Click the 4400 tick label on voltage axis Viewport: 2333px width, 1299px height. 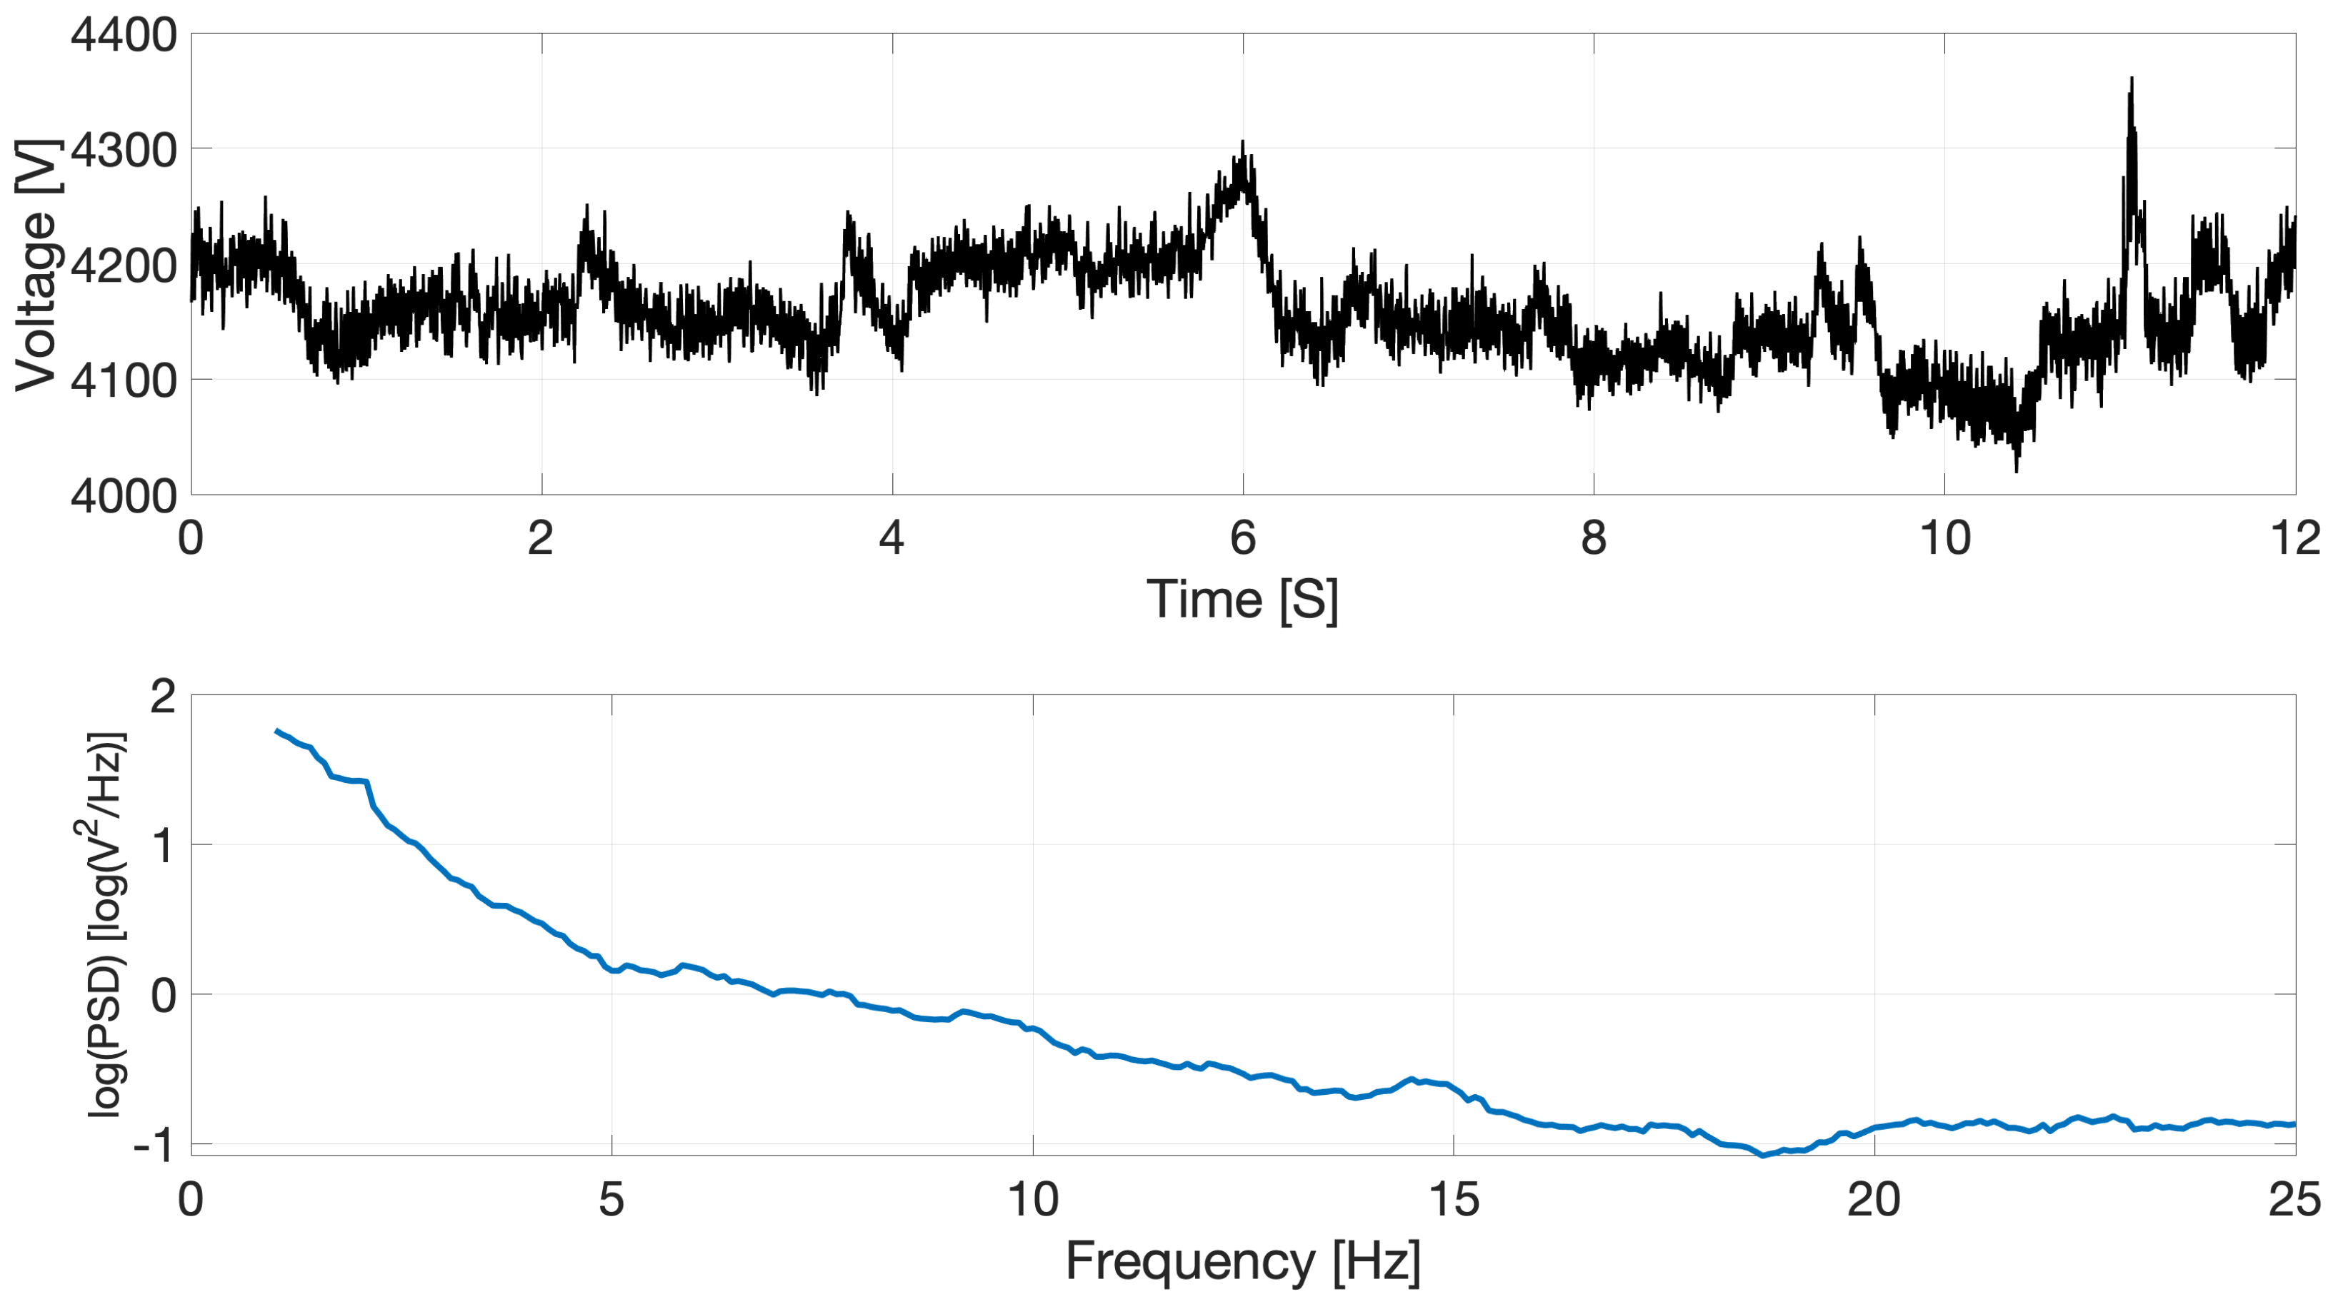(124, 36)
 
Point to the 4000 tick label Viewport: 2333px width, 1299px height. (124, 496)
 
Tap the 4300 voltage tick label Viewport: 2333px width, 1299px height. (124, 151)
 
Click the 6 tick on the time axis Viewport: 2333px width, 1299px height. (1243, 540)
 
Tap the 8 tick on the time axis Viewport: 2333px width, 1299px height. (1593, 540)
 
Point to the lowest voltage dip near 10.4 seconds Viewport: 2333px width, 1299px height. (2016, 469)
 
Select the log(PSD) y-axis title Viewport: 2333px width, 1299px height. (107, 924)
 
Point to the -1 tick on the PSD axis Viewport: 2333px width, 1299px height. (154, 1146)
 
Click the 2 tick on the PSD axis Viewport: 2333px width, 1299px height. (163, 697)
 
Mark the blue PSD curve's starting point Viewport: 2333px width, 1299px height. (276, 731)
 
